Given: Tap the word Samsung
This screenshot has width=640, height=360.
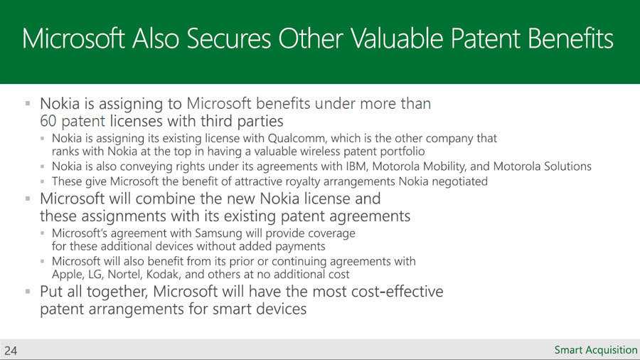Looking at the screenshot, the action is (218, 233).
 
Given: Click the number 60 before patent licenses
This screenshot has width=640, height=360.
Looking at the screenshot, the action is (48, 121).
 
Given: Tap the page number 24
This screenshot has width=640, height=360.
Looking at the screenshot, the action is (11, 351).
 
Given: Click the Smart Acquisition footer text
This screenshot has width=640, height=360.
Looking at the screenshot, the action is (595, 350).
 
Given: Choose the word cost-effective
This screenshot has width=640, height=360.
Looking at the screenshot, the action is (398, 292).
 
